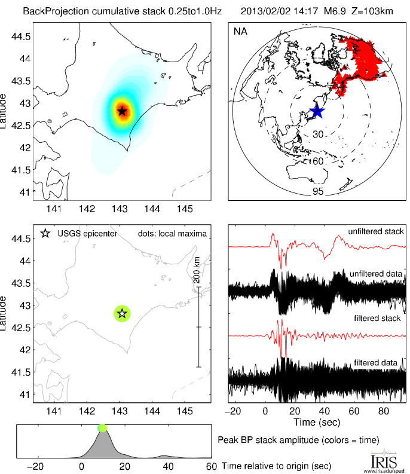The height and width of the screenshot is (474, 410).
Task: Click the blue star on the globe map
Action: coord(317,111)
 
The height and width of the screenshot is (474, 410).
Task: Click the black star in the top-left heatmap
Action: coord(122,111)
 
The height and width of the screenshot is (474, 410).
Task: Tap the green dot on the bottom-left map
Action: coord(122,313)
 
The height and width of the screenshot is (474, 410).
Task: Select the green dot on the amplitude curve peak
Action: coord(102,427)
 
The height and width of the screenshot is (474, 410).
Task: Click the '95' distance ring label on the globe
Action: coord(317,191)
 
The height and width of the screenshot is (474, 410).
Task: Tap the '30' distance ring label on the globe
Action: coord(319,135)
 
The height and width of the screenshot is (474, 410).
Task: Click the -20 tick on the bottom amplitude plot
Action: coord(37,466)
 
